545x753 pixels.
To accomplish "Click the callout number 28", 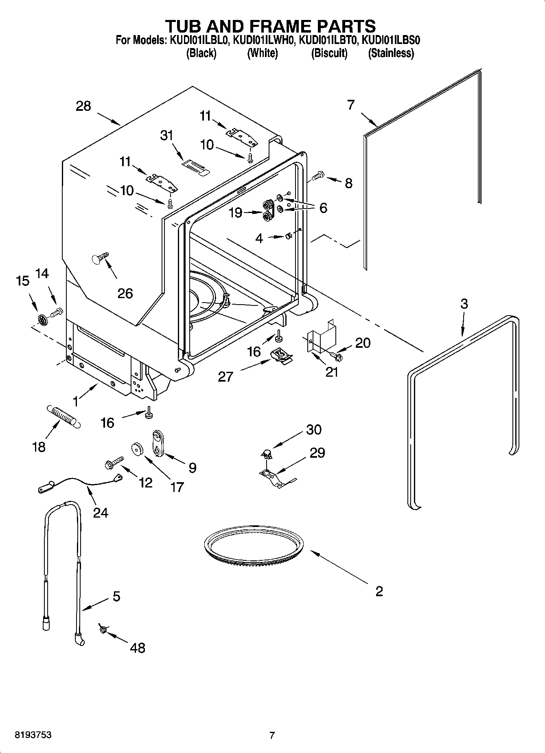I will click(83, 106).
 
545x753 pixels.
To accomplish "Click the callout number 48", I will click(138, 647).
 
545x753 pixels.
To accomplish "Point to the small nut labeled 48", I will click(103, 630).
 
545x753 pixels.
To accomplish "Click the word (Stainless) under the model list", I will click(391, 53).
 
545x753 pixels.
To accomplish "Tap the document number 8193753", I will click(33, 735).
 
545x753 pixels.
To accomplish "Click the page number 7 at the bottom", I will click(272, 735).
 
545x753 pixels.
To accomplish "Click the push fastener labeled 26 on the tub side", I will click(100, 257).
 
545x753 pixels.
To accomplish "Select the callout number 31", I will click(167, 135).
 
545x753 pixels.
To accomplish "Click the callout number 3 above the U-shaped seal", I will click(464, 303).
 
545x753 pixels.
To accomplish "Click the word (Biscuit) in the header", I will click(329, 53).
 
